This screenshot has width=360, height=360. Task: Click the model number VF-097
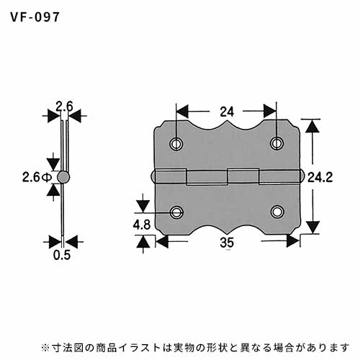[x=35, y=17]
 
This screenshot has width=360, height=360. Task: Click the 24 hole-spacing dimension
[x=227, y=112]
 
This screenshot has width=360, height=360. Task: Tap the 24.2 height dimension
[x=320, y=178]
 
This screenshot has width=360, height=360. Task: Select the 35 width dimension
[x=227, y=243]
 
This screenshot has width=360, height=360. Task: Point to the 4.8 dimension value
[x=142, y=225]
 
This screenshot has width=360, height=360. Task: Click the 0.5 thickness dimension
[x=62, y=255]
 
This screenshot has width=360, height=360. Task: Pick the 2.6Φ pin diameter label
[x=37, y=178]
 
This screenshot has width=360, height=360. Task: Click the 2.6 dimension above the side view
[x=64, y=107]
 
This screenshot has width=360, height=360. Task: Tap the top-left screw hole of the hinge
[x=176, y=144]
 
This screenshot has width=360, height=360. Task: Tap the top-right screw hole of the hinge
[x=276, y=144]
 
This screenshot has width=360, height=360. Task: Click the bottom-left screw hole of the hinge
[x=176, y=212]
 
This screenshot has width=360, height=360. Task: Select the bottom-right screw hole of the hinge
[x=277, y=212]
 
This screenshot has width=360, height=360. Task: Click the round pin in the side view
[x=63, y=177]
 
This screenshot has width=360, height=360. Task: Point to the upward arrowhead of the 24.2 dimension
[x=312, y=126]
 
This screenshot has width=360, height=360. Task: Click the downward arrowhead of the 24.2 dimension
[x=312, y=227]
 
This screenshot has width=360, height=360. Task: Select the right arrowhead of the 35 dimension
[x=293, y=241]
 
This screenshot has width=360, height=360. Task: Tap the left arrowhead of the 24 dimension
[x=183, y=112]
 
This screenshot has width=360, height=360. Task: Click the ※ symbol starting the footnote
[x=45, y=347]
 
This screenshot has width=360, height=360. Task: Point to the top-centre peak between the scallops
[x=227, y=122]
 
